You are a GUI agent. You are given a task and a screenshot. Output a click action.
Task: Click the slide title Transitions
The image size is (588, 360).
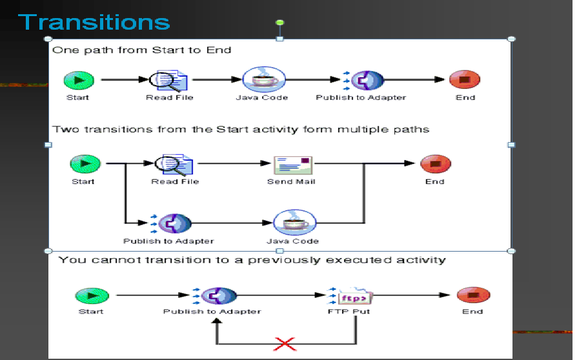(95, 22)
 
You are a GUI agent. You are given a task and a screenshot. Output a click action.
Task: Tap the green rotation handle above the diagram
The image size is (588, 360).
(279, 23)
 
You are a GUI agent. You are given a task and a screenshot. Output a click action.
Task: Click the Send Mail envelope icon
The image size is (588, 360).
(292, 165)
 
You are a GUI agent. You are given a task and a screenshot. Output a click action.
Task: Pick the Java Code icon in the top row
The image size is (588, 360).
(263, 80)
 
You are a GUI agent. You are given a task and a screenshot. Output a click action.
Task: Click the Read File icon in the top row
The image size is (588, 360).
(169, 81)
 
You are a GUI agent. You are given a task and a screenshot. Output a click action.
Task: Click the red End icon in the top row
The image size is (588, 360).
(465, 80)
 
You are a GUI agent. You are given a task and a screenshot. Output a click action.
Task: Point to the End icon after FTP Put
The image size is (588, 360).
(472, 295)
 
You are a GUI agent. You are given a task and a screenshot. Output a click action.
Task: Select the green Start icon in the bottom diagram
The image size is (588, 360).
(91, 296)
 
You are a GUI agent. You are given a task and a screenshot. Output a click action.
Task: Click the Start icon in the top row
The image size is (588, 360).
(79, 80)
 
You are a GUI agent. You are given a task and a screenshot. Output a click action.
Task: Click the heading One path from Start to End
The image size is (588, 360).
(141, 50)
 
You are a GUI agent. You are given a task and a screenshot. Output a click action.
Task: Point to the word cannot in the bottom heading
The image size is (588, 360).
(117, 260)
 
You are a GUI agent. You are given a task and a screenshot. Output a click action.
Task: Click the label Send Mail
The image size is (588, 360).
(291, 182)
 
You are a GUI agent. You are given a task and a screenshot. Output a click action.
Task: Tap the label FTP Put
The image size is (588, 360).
(349, 312)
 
